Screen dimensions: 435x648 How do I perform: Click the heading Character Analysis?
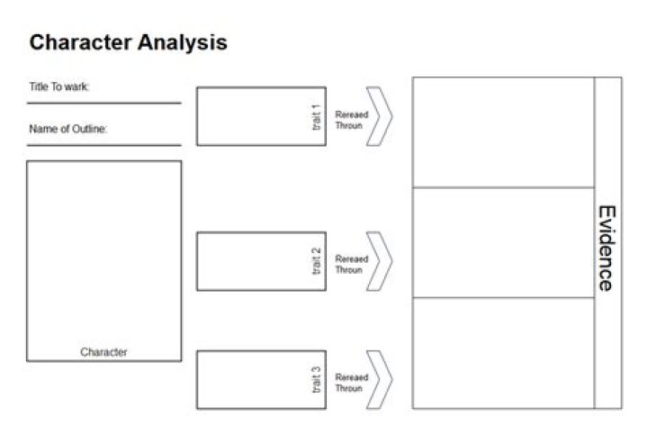[x=128, y=42]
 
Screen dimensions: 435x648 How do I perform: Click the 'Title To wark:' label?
[x=59, y=87]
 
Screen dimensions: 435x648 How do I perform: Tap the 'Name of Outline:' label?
[x=68, y=129]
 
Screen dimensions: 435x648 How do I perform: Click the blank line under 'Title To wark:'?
[x=103, y=104]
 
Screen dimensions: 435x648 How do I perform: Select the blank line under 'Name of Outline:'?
[x=103, y=145]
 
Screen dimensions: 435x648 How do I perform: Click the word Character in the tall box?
[x=103, y=352]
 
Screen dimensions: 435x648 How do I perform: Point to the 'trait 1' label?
[x=317, y=116]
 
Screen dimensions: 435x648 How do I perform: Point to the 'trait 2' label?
[x=317, y=261]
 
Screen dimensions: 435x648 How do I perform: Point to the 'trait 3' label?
[x=317, y=380]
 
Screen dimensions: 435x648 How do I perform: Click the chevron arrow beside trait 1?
[x=380, y=116]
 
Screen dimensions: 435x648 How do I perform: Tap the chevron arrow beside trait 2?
[x=380, y=261]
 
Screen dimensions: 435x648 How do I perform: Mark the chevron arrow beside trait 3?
[x=380, y=380]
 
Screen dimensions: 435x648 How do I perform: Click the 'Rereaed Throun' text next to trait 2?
[x=351, y=265]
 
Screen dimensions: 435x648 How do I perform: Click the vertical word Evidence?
[x=607, y=249]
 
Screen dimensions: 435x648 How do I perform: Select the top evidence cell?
[x=503, y=132]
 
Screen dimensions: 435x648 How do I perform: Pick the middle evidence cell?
[x=503, y=242]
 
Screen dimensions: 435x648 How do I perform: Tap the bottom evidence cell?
[x=503, y=352]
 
